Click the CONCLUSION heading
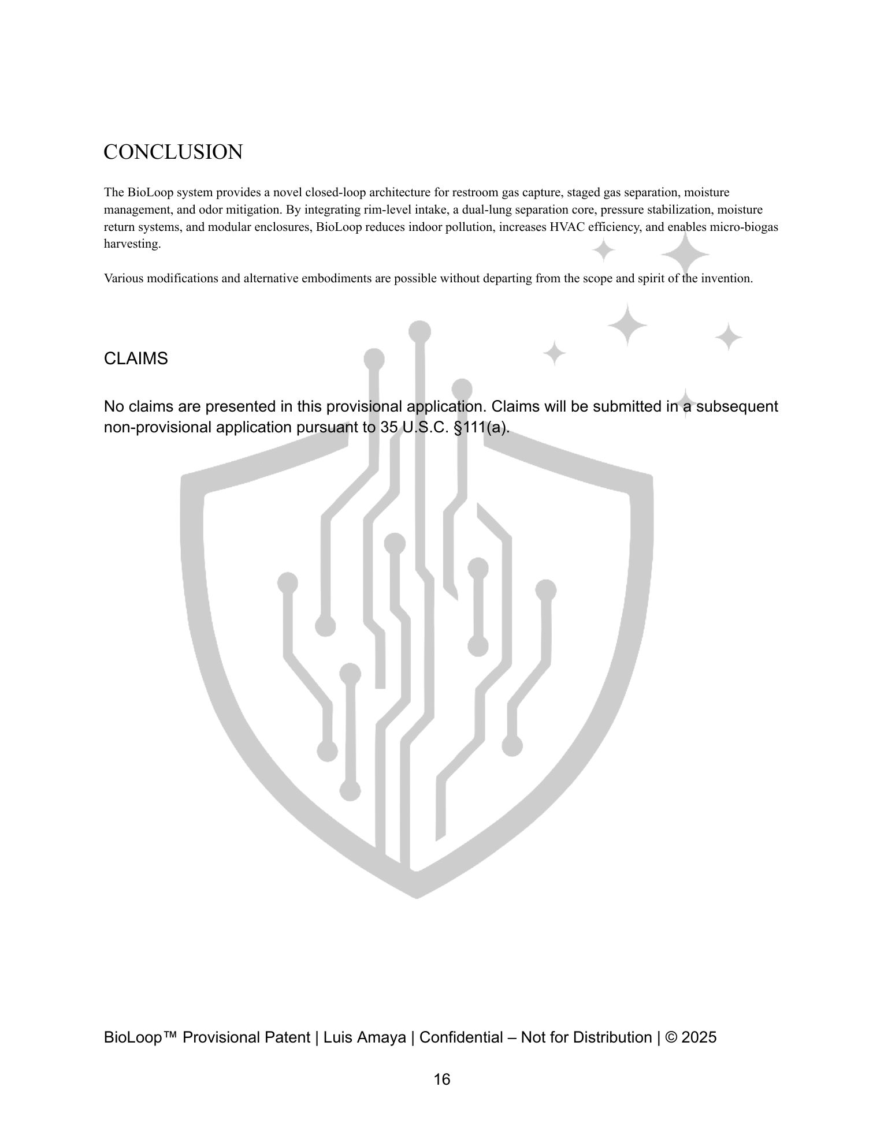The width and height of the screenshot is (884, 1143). (x=173, y=152)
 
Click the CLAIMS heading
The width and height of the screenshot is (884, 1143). (x=136, y=358)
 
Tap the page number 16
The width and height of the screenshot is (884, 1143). (x=442, y=1079)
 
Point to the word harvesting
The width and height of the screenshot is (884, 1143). (x=132, y=244)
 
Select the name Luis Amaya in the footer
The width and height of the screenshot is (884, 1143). (x=365, y=1037)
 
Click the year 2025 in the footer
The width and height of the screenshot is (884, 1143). (x=699, y=1037)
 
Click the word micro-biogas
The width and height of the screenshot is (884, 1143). (x=748, y=227)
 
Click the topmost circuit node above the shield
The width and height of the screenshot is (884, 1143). (x=419, y=332)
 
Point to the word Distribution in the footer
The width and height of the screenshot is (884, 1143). (x=612, y=1037)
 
